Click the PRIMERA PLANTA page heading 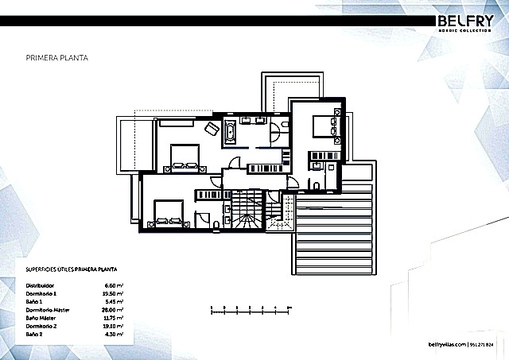56,58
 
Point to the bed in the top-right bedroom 326,126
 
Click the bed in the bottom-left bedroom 165,213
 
